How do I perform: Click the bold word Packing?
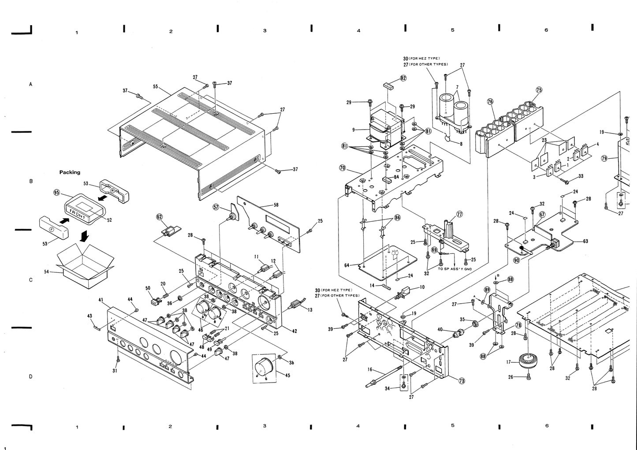click(70, 172)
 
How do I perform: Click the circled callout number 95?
click(56, 192)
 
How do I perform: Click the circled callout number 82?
click(403, 78)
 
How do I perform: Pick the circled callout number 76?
click(490, 101)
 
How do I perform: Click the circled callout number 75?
click(539, 89)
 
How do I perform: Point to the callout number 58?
click(276, 205)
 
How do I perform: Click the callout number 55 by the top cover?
click(155, 87)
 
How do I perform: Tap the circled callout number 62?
click(159, 217)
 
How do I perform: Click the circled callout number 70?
click(342, 167)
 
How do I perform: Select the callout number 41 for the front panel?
click(101, 300)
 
